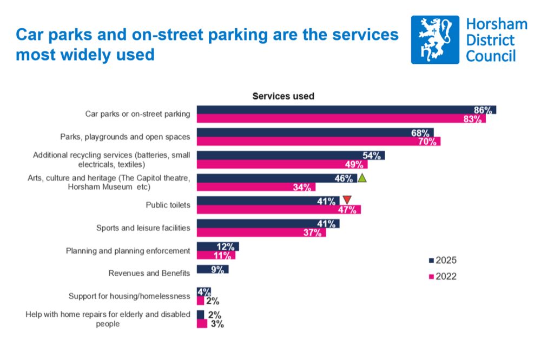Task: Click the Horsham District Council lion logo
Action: click(434, 39)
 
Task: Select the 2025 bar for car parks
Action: click(346, 110)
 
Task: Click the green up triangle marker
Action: click(362, 178)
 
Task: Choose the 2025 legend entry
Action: click(443, 260)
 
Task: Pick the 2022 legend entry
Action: click(443, 276)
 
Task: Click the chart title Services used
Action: click(283, 96)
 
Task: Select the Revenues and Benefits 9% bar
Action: click(212, 269)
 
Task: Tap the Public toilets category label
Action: click(168, 205)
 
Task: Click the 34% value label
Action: click(302, 187)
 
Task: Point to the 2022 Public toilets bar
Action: click(278, 210)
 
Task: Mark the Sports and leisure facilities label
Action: click(143, 228)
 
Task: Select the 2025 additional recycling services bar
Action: click(290, 155)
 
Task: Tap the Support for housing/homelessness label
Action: click(129, 296)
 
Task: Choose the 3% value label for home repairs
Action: click(217, 324)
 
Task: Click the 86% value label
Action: click(483, 110)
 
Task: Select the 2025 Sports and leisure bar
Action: click(267, 223)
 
